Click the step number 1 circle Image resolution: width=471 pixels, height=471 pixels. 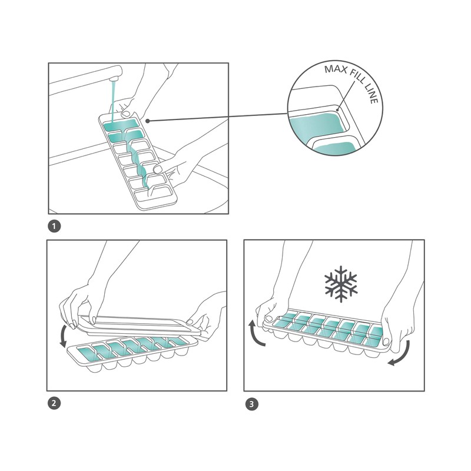(x=54, y=226)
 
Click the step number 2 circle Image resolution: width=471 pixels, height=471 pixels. (x=54, y=404)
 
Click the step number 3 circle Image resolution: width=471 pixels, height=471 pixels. (x=252, y=404)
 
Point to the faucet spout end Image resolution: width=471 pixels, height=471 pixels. (x=115, y=73)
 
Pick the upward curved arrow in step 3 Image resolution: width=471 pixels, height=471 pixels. (x=253, y=333)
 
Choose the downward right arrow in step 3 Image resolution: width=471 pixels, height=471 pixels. (x=400, y=356)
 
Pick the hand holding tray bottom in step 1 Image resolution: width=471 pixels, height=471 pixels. (x=177, y=168)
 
